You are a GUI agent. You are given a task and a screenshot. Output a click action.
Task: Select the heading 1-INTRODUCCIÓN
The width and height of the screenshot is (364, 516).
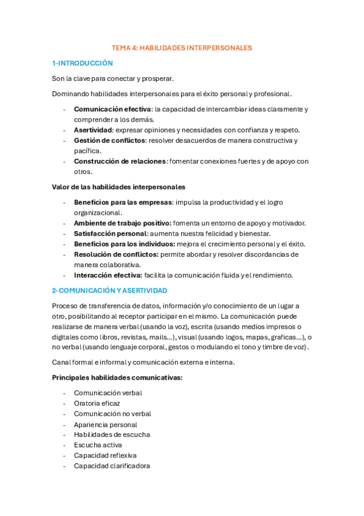pyautogui.click(x=83, y=63)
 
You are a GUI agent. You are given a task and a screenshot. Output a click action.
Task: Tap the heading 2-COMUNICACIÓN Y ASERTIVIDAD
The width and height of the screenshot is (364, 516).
pyautogui.click(x=109, y=291)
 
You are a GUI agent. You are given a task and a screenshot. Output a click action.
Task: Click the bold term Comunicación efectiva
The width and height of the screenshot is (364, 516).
pyautogui.click(x=112, y=109)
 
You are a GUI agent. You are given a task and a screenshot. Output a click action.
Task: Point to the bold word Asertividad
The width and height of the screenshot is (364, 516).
pyautogui.click(x=93, y=130)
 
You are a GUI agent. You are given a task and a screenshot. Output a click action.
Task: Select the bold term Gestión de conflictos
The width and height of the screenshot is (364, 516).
pyautogui.click(x=109, y=141)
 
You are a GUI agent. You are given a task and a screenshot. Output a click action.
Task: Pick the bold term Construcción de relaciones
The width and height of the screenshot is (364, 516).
pyautogui.click(x=120, y=161)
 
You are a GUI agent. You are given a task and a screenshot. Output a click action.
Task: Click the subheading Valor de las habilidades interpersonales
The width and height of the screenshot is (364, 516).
pyautogui.click(x=118, y=187)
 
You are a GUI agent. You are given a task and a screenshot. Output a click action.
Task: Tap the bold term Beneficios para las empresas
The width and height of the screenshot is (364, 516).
pyautogui.click(x=123, y=202)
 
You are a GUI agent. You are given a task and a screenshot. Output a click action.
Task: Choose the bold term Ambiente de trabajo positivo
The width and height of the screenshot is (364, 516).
pyautogui.click(x=122, y=223)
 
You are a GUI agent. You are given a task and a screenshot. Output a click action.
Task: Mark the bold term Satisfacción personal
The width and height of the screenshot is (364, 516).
pyautogui.click(x=110, y=234)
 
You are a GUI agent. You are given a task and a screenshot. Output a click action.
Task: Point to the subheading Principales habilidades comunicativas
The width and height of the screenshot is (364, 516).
pyautogui.click(x=117, y=377)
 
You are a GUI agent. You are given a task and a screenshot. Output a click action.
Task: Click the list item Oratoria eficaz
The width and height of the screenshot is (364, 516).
pyautogui.click(x=97, y=403)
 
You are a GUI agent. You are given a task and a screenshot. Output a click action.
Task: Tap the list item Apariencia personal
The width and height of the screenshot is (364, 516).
pyautogui.click(x=106, y=424)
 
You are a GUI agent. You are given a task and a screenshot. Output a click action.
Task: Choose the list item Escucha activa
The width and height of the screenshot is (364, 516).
pyautogui.click(x=98, y=445)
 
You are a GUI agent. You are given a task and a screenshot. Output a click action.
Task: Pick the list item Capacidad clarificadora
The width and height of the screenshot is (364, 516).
pyautogui.click(x=112, y=465)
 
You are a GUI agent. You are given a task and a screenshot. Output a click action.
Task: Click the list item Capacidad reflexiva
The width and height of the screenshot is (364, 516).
pyautogui.click(x=105, y=455)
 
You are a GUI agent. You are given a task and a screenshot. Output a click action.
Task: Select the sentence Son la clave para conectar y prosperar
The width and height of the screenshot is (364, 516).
pyautogui.click(x=113, y=78)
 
